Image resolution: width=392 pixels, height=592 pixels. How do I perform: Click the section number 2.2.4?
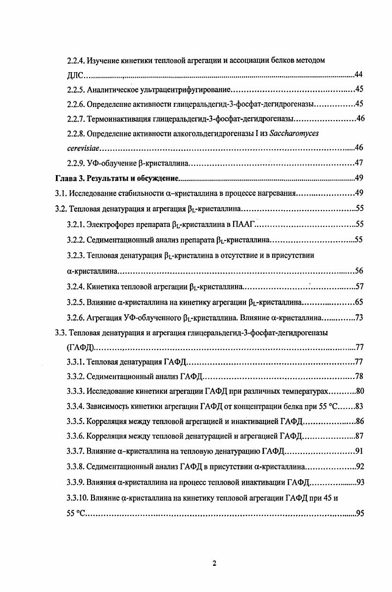[x=76, y=61]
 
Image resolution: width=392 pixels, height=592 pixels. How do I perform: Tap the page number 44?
[x=360, y=75]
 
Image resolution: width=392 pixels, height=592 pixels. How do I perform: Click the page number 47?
[x=360, y=163]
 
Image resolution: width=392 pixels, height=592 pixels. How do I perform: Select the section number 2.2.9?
[x=76, y=163]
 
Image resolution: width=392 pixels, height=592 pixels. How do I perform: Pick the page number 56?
[x=360, y=271]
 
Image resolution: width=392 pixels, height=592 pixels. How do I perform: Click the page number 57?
[x=360, y=286]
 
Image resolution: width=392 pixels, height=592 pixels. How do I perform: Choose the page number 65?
[x=360, y=302]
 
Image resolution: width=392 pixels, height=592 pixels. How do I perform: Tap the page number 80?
[x=360, y=392]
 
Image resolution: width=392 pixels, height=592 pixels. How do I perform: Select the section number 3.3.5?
[x=76, y=422]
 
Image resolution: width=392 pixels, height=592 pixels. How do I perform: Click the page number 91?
[x=360, y=451]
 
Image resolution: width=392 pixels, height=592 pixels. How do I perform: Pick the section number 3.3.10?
[x=78, y=497]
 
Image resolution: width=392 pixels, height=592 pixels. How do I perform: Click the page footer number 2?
[x=214, y=563]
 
